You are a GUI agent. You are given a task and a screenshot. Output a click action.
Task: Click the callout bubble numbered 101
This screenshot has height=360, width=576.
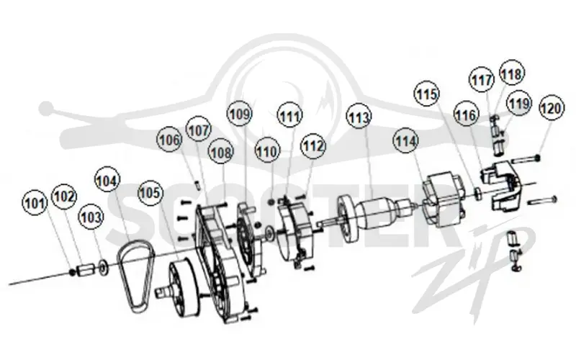[35, 202]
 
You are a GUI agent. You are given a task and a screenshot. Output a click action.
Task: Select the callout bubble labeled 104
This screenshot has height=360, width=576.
[107, 181]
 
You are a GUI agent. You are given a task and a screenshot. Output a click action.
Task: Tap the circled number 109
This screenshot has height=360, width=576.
[240, 114]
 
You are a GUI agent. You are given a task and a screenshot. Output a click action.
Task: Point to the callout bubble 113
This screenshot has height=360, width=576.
[359, 118]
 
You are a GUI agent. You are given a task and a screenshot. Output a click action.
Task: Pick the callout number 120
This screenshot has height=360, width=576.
[552, 108]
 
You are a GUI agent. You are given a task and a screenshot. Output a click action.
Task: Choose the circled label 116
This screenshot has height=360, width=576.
[466, 115]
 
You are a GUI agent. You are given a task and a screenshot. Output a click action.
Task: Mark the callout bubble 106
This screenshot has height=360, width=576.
[169, 140]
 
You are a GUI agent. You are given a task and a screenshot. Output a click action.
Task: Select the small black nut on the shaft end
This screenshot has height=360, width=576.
[73, 272]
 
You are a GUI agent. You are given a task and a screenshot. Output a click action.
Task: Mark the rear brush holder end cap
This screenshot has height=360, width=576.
[501, 186]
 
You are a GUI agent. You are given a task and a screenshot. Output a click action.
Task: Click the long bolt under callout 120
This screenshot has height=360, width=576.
[526, 159]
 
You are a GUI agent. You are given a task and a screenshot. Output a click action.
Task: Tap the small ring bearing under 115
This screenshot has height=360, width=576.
[478, 194]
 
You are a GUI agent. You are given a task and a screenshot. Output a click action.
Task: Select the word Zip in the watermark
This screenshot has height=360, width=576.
[474, 270]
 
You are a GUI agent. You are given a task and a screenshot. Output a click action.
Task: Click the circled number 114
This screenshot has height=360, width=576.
[406, 141]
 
